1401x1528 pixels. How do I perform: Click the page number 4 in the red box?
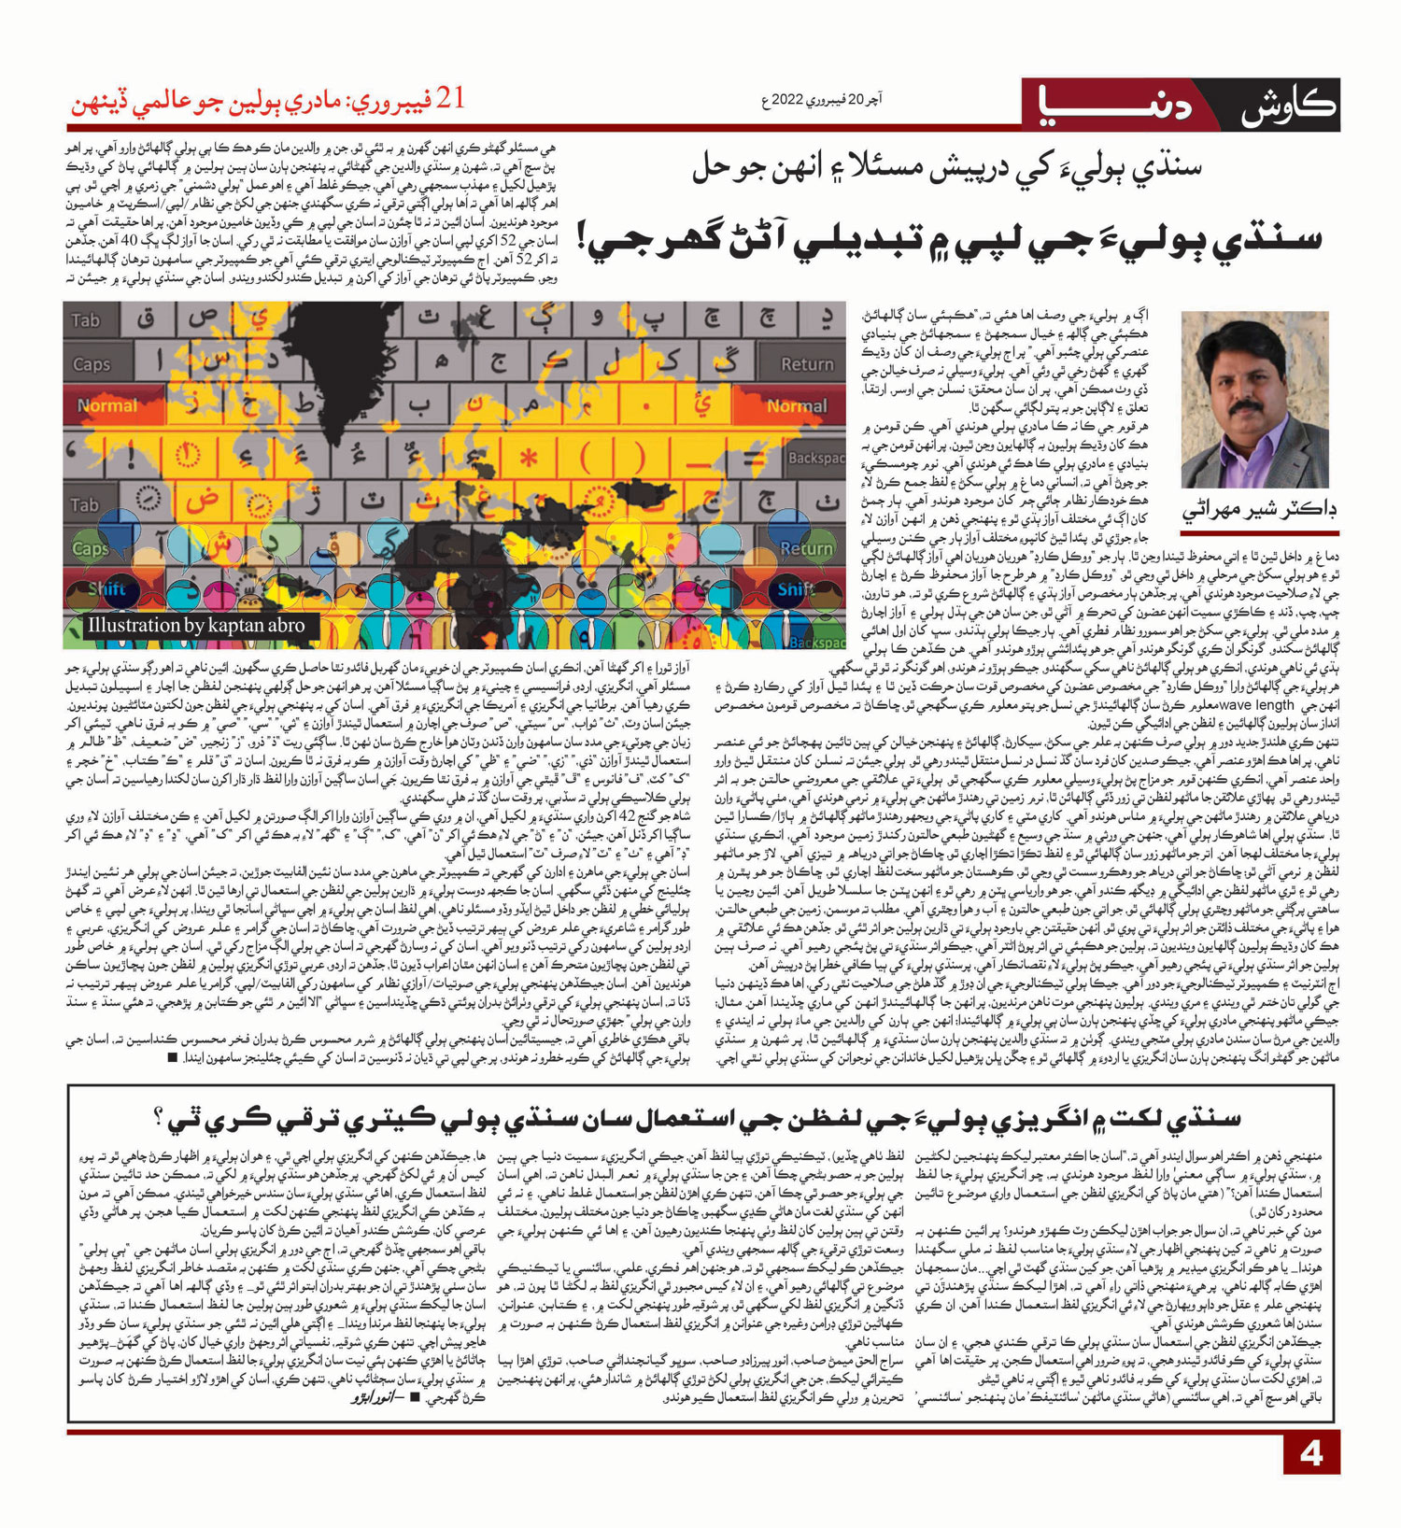[1311, 1454]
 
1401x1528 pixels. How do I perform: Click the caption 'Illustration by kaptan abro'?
[196, 626]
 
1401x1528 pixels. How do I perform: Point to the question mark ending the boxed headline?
[160, 1116]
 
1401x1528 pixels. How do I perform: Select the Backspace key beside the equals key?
[814, 458]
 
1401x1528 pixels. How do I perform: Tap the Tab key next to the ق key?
[85, 320]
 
